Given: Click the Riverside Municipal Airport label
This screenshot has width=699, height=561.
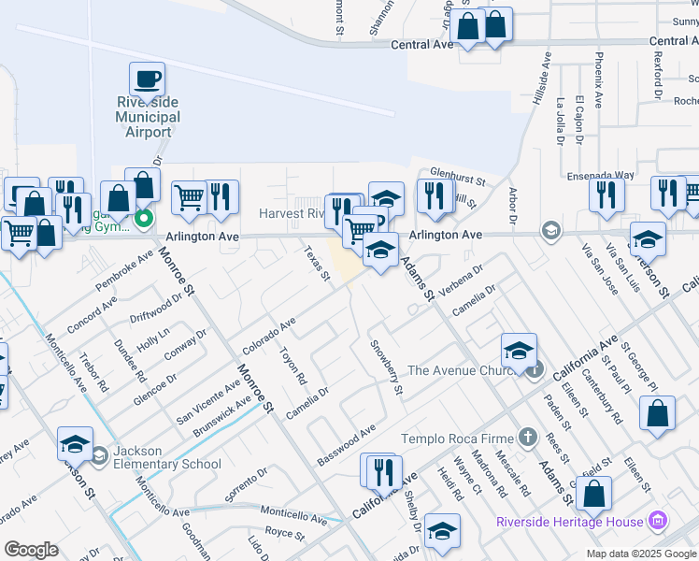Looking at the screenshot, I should (148, 117).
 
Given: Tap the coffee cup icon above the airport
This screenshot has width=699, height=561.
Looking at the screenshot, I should (147, 79).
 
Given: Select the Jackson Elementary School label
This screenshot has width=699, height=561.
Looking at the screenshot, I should (166, 457).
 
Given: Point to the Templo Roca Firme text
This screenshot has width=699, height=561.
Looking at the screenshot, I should (459, 439).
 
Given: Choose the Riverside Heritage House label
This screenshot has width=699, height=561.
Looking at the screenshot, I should (570, 522).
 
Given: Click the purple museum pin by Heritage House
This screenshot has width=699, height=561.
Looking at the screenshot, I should (660, 521).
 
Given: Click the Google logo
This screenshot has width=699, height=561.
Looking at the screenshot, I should (31, 550).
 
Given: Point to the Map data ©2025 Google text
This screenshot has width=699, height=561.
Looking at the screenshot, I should (640, 554).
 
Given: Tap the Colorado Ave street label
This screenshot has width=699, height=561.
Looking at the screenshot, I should (269, 335).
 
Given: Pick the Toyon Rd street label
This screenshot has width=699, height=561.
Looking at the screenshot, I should (293, 367).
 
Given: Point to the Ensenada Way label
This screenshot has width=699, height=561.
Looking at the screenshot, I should (601, 175).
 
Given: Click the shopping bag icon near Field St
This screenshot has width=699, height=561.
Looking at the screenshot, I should (593, 493).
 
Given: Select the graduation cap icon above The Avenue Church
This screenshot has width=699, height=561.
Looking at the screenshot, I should (519, 351).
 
